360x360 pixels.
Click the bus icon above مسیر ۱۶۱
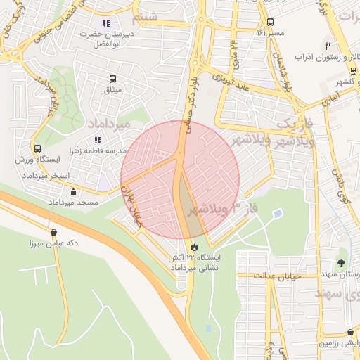coord(271,22)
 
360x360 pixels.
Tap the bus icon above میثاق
coord(112,79)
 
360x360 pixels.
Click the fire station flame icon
coord(194,247)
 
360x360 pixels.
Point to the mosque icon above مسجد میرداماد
coord(73,192)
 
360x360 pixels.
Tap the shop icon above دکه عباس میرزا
coord(53,233)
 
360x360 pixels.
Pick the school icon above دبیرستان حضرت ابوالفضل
coord(106,23)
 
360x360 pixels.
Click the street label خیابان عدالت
coord(278,275)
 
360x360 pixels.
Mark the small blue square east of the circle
coord(278,213)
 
